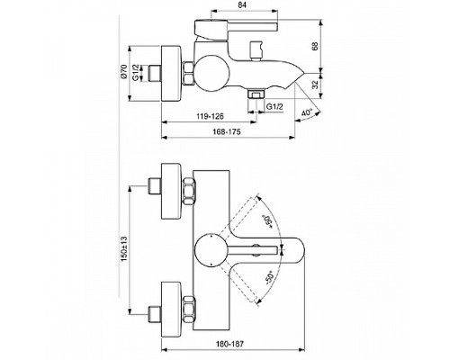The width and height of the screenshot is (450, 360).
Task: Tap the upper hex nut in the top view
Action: click(x=192, y=192)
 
